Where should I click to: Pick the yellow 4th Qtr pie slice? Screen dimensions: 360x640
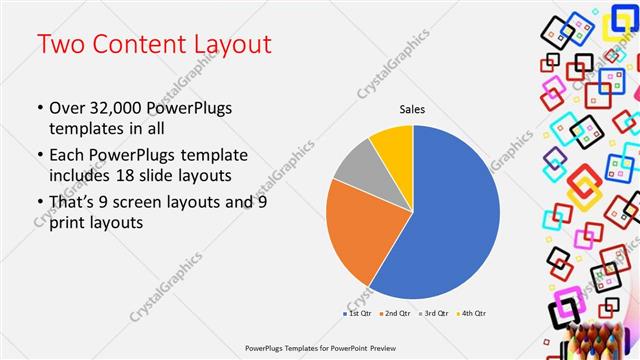pyautogui.click(x=393, y=145)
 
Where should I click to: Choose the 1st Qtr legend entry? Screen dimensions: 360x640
pyautogui.click(x=359, y=314)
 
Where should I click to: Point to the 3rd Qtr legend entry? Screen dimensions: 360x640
pyautogui.click(x=437, y=314)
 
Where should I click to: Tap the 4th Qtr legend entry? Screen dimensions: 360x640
pyautogui.click(x=474, y=314)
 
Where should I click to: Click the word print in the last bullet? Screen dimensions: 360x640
pyautogui.click(x=68, y=222)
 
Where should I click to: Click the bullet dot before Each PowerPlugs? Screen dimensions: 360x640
pyautogui.click(x=39, y=156)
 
